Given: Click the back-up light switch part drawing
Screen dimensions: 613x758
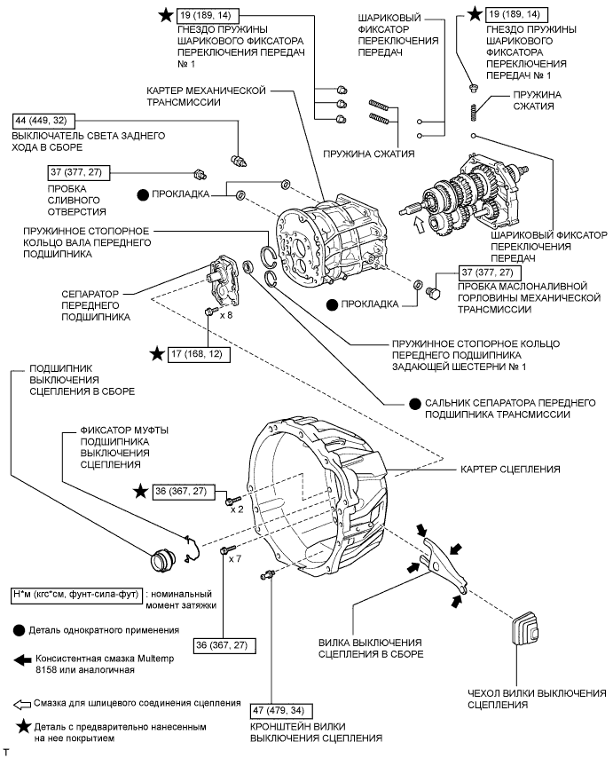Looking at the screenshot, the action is click(x=239, y=161).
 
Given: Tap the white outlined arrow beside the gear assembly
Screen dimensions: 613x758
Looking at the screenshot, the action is click(x=419, y=225).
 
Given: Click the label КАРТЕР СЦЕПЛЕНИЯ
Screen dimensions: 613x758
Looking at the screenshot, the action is click(x=510, y=469).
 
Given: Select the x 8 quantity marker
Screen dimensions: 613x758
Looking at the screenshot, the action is click(x=226, y=315).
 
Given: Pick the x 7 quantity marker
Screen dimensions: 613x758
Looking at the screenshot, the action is click(x=235, y=559).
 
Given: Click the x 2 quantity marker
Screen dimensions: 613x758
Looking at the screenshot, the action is click(x=237, y=509).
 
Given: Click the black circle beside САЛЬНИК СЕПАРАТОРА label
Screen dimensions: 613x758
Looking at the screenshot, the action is click(x=414, y=404).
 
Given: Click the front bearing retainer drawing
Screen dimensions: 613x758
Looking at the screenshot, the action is click(x=224, y=280).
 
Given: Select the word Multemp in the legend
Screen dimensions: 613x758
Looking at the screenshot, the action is click(x=152, y=659).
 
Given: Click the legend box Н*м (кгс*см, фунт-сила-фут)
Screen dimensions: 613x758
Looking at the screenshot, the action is click(x=77, y=595).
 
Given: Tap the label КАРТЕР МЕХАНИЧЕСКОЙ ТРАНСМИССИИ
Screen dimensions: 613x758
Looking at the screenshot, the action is click(x=207, y=96).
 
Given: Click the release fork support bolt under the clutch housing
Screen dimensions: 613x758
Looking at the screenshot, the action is click(x=268, y=574).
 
